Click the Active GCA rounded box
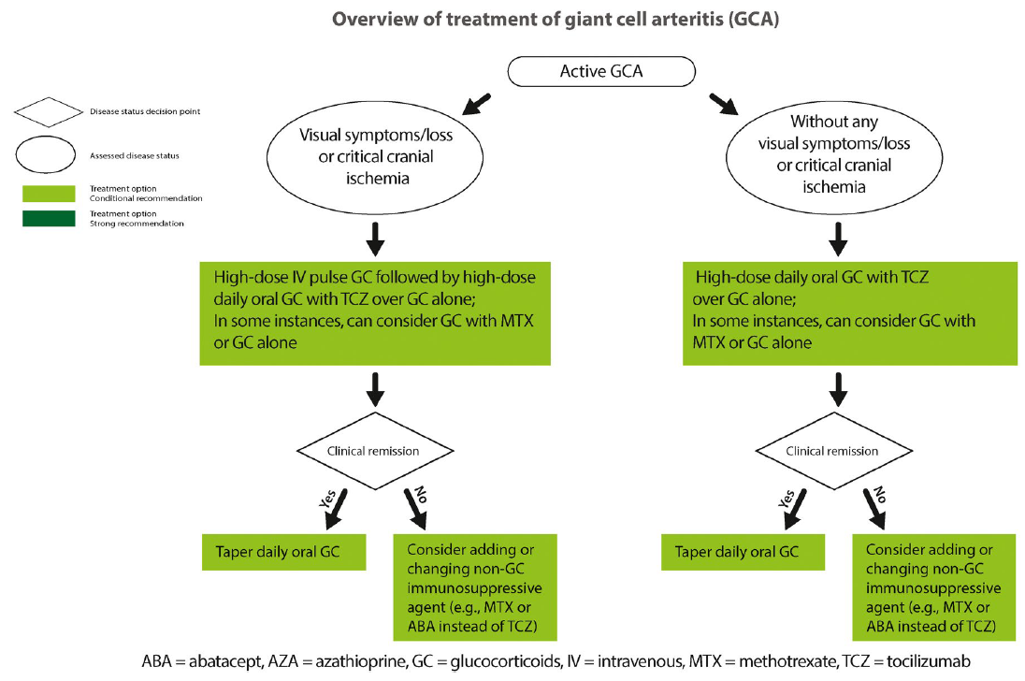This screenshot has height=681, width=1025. pyautogui.click(x=600, y=72)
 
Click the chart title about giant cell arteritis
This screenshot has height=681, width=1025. pyautogui.click(x=512, y=20)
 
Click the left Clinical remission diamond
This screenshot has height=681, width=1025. pyautogui.click(x=373, y=451)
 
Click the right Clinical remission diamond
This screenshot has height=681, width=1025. pyautogui.click(x=831, y=451)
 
